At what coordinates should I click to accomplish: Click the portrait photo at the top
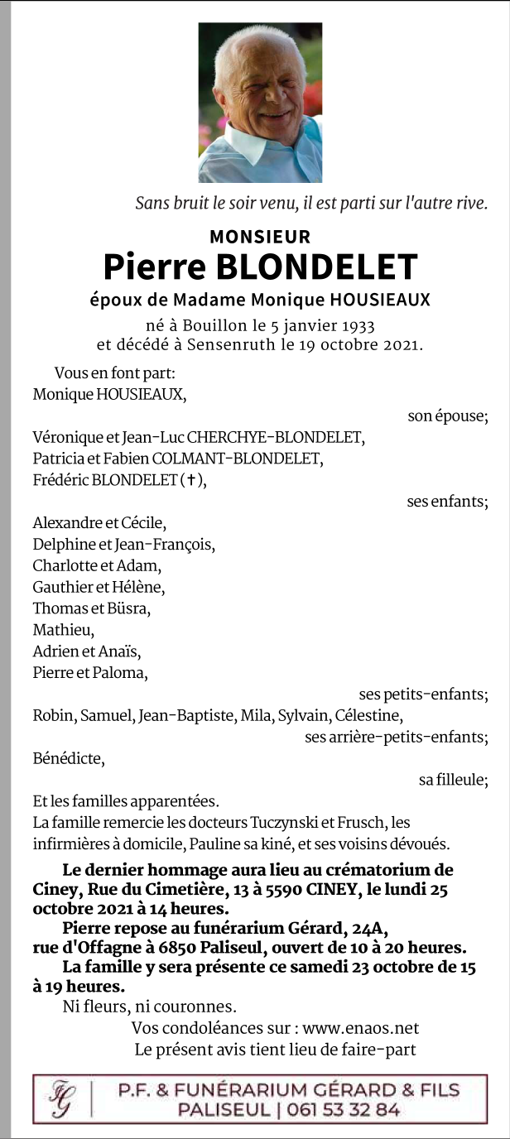click(x=260, y=103)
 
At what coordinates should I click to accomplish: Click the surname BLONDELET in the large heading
click(x=316, y=267)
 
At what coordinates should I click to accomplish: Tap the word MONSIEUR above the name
click(x=260, y=237)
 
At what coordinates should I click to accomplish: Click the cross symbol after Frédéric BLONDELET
click(x=191, y=480)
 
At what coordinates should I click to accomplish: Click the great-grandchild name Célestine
click(x=370, y=715)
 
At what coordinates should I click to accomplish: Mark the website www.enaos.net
click(x=361, y=1028)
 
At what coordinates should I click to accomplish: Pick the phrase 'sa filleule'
click(x=452, y=780)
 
